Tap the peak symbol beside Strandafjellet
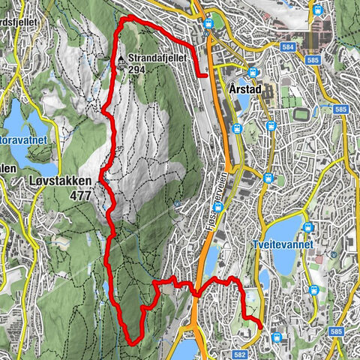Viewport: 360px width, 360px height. tap(120, 58)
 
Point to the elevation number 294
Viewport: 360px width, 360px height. tap(136, 70)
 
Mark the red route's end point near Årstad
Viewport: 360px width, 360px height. tap(206, 75)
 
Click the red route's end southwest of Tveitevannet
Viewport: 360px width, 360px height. tap(260, 327)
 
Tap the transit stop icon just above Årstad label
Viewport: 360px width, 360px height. tap(253, 73)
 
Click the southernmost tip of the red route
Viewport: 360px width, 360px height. tap(133, 342)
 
